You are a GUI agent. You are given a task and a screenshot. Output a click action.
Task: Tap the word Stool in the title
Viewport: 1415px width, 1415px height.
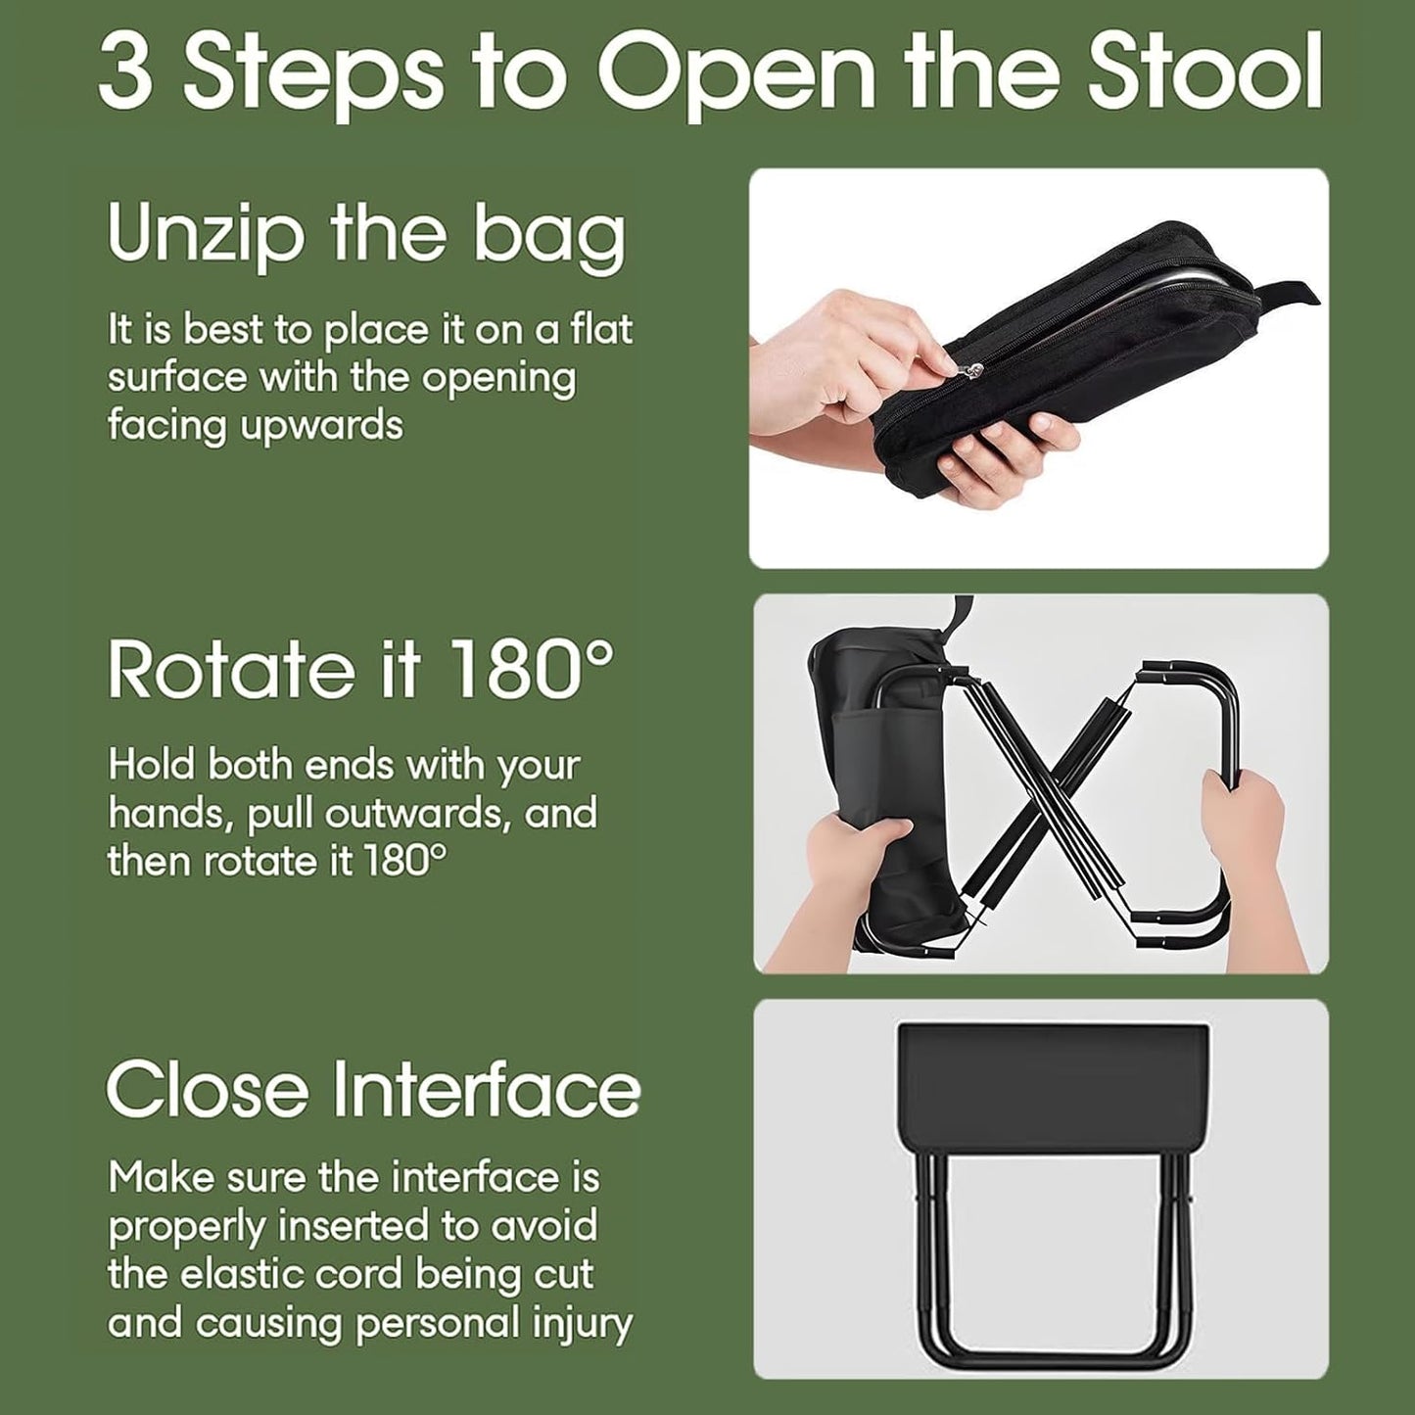1204,73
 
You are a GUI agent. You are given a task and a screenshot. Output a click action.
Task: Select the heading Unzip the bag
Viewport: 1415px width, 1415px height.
365,232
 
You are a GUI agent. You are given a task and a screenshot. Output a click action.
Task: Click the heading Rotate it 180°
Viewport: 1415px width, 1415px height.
360,670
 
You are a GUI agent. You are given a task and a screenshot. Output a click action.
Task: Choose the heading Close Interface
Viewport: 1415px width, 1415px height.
372,1090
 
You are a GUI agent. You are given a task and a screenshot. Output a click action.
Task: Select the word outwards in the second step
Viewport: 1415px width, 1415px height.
417,813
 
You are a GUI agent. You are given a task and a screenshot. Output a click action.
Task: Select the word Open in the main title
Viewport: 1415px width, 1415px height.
735,73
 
